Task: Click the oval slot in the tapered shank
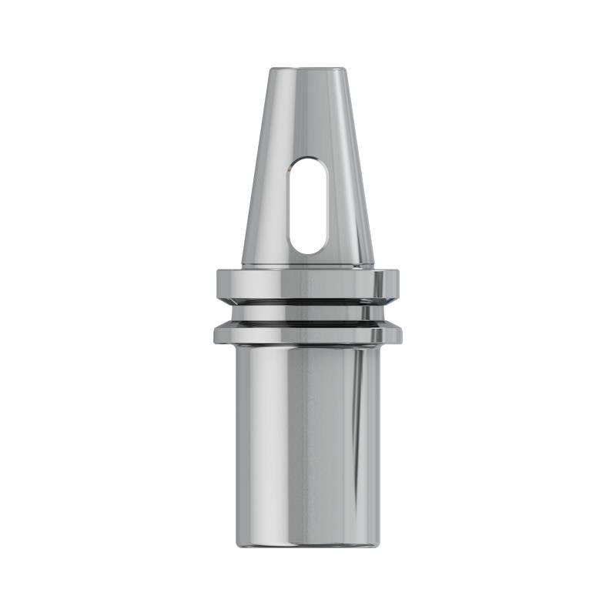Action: point(308,206)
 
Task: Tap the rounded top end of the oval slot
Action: point(308,162)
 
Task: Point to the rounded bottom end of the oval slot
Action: point(308,249)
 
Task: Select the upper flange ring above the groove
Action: point(308,283)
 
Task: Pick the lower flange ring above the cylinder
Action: point(308,334)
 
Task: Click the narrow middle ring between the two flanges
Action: point(308,313)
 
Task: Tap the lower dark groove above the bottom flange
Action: point(308,323)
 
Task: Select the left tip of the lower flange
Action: point(216,334)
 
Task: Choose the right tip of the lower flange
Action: point(400,334)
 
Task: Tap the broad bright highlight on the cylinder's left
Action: point(258,439)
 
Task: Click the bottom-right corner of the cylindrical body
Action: point(378,544)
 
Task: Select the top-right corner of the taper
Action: point(344,70)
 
